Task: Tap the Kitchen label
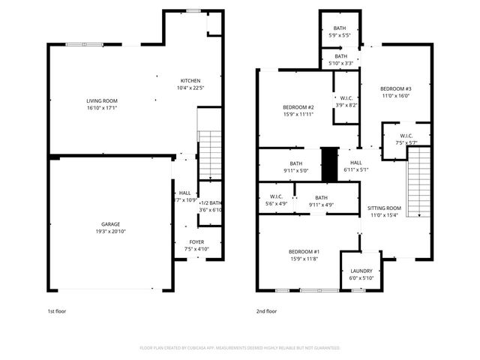[x=190, y=81]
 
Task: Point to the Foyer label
[x=196, y=242]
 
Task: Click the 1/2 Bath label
[x=210, y=203]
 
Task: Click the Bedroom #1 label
[x=304, y=251]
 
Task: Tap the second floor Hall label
[x=355, y=163]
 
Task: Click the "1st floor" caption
[x=57, y=310]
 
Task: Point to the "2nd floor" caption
[x=267, y=310]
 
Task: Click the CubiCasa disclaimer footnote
[x=240, y=348]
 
